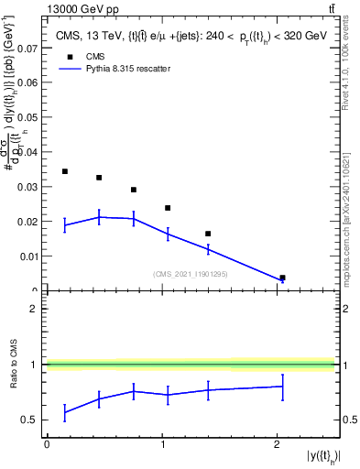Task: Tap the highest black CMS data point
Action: [65, 171]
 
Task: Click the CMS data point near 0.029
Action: [134, 190]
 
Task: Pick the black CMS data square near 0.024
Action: [168, 208]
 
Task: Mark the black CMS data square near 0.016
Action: [208, 234]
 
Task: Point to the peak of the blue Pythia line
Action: [100, 217]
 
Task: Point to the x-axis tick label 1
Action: [162, 444]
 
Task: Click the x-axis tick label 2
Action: [277, 444]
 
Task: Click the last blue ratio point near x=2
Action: [282, 387]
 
